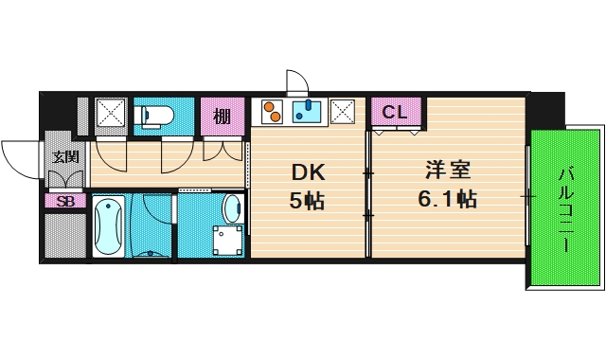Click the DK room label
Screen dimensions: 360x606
(308, 173)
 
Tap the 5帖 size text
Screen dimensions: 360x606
(308, 202)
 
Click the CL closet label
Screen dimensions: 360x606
(395, 112)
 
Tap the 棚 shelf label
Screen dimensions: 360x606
(223, 117)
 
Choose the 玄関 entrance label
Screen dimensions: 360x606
(64, 156)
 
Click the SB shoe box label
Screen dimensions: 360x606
(64, 201)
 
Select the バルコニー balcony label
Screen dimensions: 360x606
(565, 209)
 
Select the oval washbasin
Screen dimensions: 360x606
(231, 207)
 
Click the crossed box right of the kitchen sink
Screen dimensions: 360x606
(343, 113)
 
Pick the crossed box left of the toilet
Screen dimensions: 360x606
(112, 114)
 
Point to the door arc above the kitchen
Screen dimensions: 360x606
(295, 83)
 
